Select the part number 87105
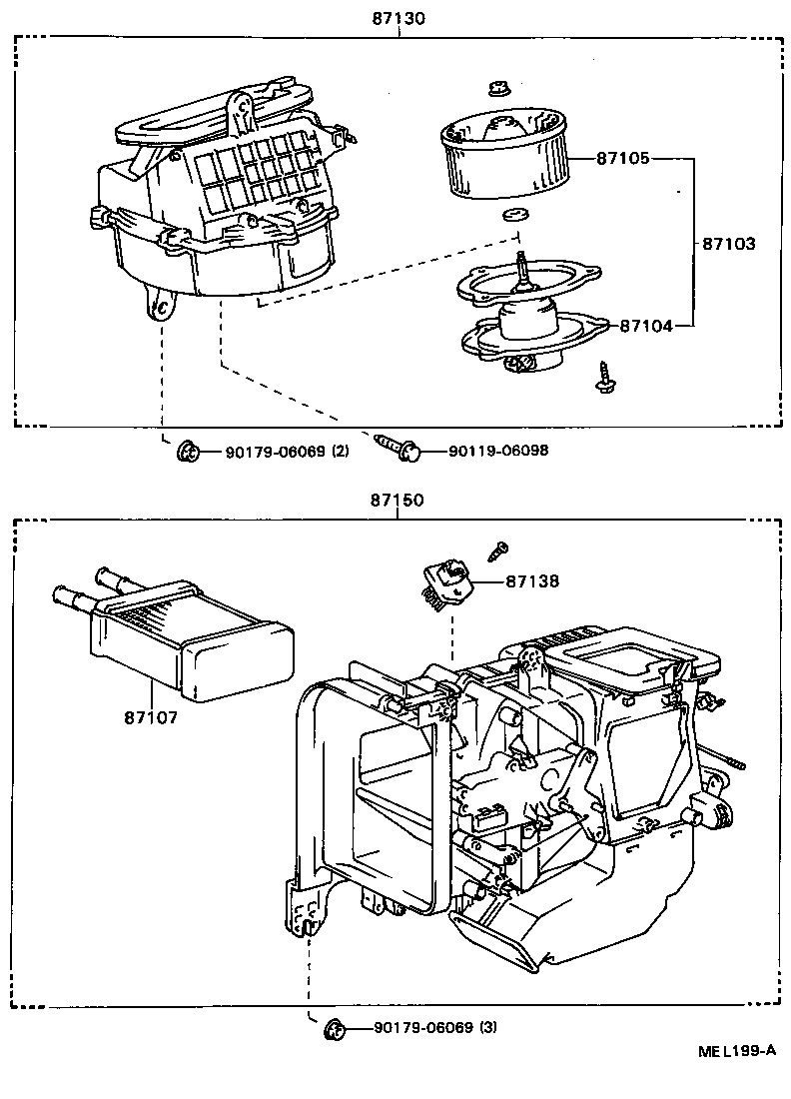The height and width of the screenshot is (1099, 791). (x=624, y=158)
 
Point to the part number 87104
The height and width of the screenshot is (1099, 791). (x=644, y=325)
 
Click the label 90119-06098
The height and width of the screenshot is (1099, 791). (x=497, y=451)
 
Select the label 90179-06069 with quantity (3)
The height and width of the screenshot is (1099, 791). (x=435, y=1027)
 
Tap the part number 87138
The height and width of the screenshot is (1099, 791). (x=531, y=580)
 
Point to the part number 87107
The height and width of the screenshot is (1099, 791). (x=152, y=716)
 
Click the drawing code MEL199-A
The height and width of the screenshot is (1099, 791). (x=736, y=1050)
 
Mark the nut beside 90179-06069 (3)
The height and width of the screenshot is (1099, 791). (x=336, y=1027)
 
